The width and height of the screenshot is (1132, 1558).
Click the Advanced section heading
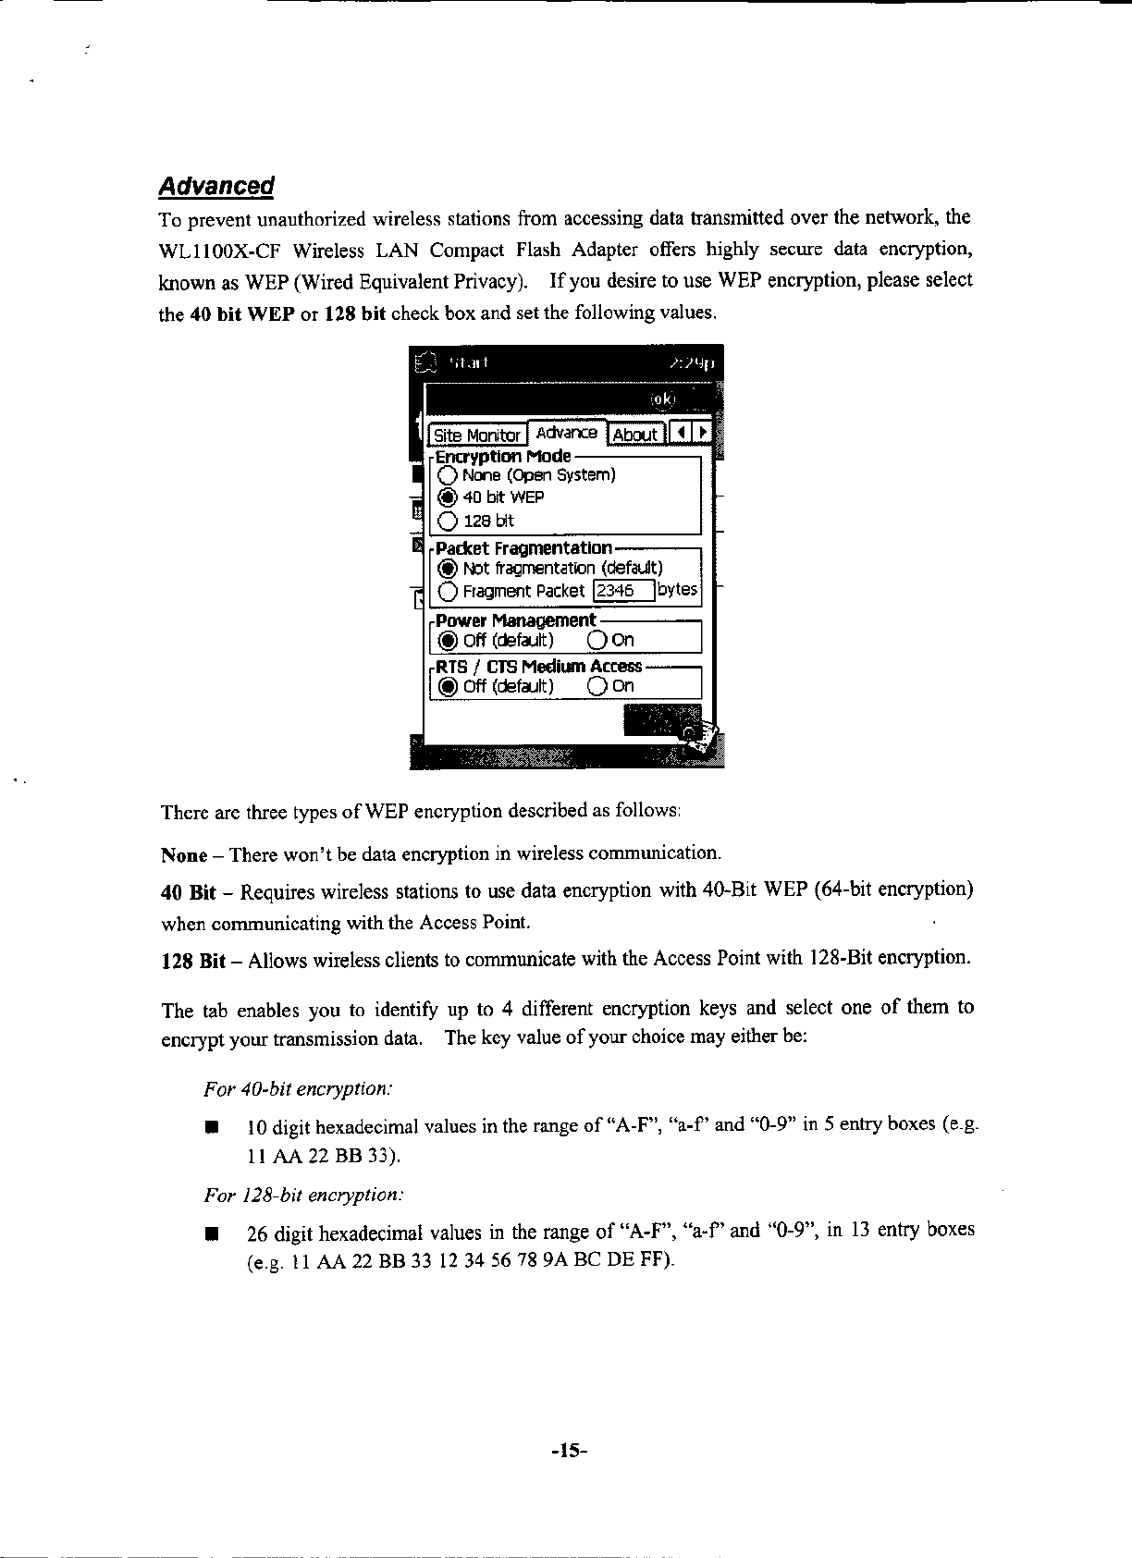216,186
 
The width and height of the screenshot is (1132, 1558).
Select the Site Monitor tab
476,435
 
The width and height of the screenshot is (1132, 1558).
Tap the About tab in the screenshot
634,435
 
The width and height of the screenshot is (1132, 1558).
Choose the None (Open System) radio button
448,475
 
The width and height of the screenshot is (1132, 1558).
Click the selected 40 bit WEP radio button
448,497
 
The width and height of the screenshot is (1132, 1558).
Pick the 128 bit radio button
448,521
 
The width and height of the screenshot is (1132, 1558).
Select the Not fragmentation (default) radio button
448,568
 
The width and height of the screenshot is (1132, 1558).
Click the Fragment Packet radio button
448,591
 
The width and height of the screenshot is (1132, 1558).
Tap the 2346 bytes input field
623,591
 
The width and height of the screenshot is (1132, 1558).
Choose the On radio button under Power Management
597,640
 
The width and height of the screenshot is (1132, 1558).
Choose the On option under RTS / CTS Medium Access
597,686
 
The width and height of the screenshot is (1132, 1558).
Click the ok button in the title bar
663,399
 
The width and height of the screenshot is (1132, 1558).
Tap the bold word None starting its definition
183,853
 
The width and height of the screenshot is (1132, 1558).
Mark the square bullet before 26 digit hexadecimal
212,1233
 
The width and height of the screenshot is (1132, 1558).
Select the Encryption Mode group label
503,457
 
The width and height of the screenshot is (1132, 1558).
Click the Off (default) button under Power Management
448,640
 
